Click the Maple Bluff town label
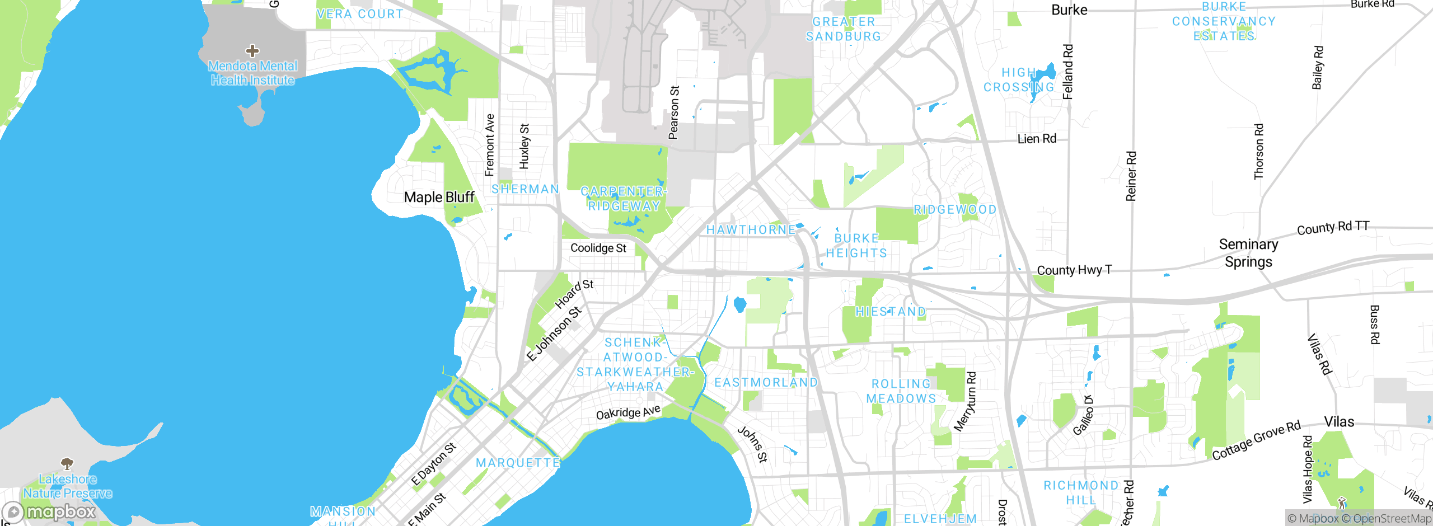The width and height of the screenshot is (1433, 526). point(439,198)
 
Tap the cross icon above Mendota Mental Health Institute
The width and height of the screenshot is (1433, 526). point(252,51)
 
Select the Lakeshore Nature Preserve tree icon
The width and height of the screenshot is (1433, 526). point(67,463)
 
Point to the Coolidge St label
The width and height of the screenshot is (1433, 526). point(598,248)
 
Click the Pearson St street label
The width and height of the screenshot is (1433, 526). point(674,112)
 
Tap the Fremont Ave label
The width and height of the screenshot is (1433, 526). point(490,145)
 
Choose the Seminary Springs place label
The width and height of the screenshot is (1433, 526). point(1248,253)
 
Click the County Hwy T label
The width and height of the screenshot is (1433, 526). point(1074,270)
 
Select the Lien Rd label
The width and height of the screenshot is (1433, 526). point(1037,139)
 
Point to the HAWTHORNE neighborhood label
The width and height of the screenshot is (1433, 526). point(751,230)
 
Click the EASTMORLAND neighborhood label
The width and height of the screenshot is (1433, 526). point(766,383)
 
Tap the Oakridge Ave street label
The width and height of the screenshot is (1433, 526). point(628,413)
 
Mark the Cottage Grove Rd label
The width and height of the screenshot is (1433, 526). point(1256,440)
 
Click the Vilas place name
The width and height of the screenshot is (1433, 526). point(1339,422)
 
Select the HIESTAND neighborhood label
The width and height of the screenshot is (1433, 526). point(891,312)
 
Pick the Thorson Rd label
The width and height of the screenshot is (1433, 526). point(1259,152)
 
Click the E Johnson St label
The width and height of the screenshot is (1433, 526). point(554,334)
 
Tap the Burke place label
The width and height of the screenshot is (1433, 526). point(1069,10)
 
